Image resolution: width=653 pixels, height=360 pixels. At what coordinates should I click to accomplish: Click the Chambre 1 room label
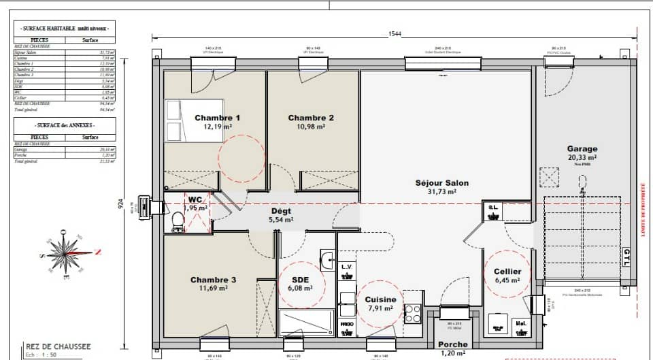click(217, 118)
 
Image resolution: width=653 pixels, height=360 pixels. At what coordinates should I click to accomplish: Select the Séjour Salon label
click(442, 183)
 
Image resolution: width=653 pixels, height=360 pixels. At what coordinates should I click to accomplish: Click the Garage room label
click(582, 149)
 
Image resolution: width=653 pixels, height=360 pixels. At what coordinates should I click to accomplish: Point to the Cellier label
click(507, 272)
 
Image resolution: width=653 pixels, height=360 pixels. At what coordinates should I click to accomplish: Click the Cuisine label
click(380, 299)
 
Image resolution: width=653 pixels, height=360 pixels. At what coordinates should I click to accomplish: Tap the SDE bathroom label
click(301, 280)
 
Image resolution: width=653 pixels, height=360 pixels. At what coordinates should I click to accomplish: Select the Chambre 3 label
click(213, 280)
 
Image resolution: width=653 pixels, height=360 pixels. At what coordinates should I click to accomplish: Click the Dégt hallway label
click(281, 212)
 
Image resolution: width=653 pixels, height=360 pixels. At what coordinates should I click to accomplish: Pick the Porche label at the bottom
click(452, 345)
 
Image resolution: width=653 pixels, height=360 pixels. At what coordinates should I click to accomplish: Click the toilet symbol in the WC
click(177, 221)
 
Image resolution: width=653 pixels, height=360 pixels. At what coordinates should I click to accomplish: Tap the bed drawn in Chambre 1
click(175, 120)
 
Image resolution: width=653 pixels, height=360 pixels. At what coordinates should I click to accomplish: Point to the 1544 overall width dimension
click(395, 33)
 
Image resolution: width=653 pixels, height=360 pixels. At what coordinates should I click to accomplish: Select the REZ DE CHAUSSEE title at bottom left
click(58, 346)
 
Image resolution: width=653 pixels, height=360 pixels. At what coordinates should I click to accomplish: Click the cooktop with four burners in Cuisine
click(412, 313)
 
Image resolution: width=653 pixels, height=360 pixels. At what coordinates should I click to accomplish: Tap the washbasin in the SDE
click(327, 258)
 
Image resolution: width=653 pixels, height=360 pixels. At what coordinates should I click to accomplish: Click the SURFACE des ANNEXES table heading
click(65, 126)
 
